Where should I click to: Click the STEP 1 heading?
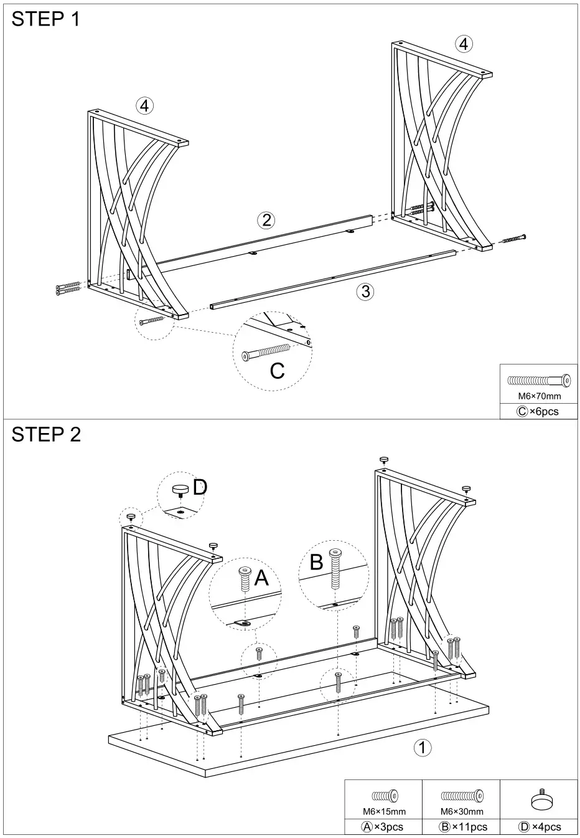pos(46,19)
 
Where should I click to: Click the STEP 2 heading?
pos(46,434)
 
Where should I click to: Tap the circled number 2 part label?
pos(266,219)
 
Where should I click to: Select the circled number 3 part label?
pos(365,292)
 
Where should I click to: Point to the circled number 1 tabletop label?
pos(423,747)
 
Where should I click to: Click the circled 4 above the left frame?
pos(144,106)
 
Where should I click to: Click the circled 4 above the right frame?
pos(463,44)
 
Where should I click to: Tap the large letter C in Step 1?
pos(277,371)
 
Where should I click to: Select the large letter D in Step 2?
pos(199,487)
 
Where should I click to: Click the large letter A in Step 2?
pos(261,578)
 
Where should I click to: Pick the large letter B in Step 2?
pos(316,562)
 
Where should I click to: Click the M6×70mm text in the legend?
pos(540,396)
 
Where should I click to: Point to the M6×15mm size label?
pos(384,811)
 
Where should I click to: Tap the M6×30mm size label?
pos(462,811)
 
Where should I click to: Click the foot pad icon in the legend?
pos(540,799)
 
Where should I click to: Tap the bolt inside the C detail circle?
pos(266,352)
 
